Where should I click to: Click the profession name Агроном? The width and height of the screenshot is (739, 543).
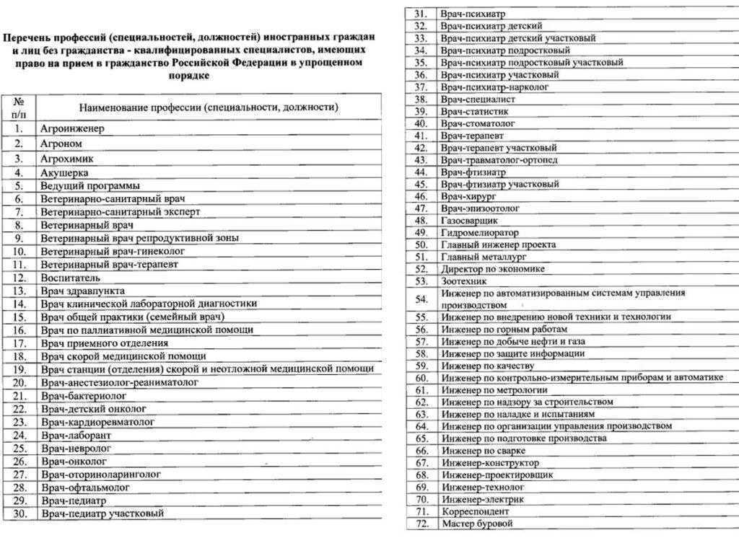click(x=61, y=144)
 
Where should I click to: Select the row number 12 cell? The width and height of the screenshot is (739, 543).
click(x=19, y=278)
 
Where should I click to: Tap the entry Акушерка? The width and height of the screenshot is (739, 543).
click(x=64, y=173)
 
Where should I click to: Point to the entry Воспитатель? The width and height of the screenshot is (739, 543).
click(x=70, y=278)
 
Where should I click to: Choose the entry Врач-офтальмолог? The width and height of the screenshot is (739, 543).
click(x=85, y=487)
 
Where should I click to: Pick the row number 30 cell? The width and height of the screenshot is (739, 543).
click(x=19, y=513)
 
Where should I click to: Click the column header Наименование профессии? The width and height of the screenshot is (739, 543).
click(x=209, y=107)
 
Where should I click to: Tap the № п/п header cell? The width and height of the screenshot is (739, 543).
click(x=19, y=107)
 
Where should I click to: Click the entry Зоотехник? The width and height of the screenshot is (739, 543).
click(x=464, y=281)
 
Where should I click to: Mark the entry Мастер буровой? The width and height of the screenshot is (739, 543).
click(x=477, y=524)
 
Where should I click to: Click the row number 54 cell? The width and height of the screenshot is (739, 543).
click(x=421, y=299)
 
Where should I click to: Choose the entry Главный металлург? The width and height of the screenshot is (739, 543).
click(x=484, y=256)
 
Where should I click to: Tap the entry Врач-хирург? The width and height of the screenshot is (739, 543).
click(x=468, y=196)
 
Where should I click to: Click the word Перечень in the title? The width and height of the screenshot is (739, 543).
click(x=32, y=37)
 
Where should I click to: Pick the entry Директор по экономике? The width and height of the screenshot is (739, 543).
click(x=493, y=268)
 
